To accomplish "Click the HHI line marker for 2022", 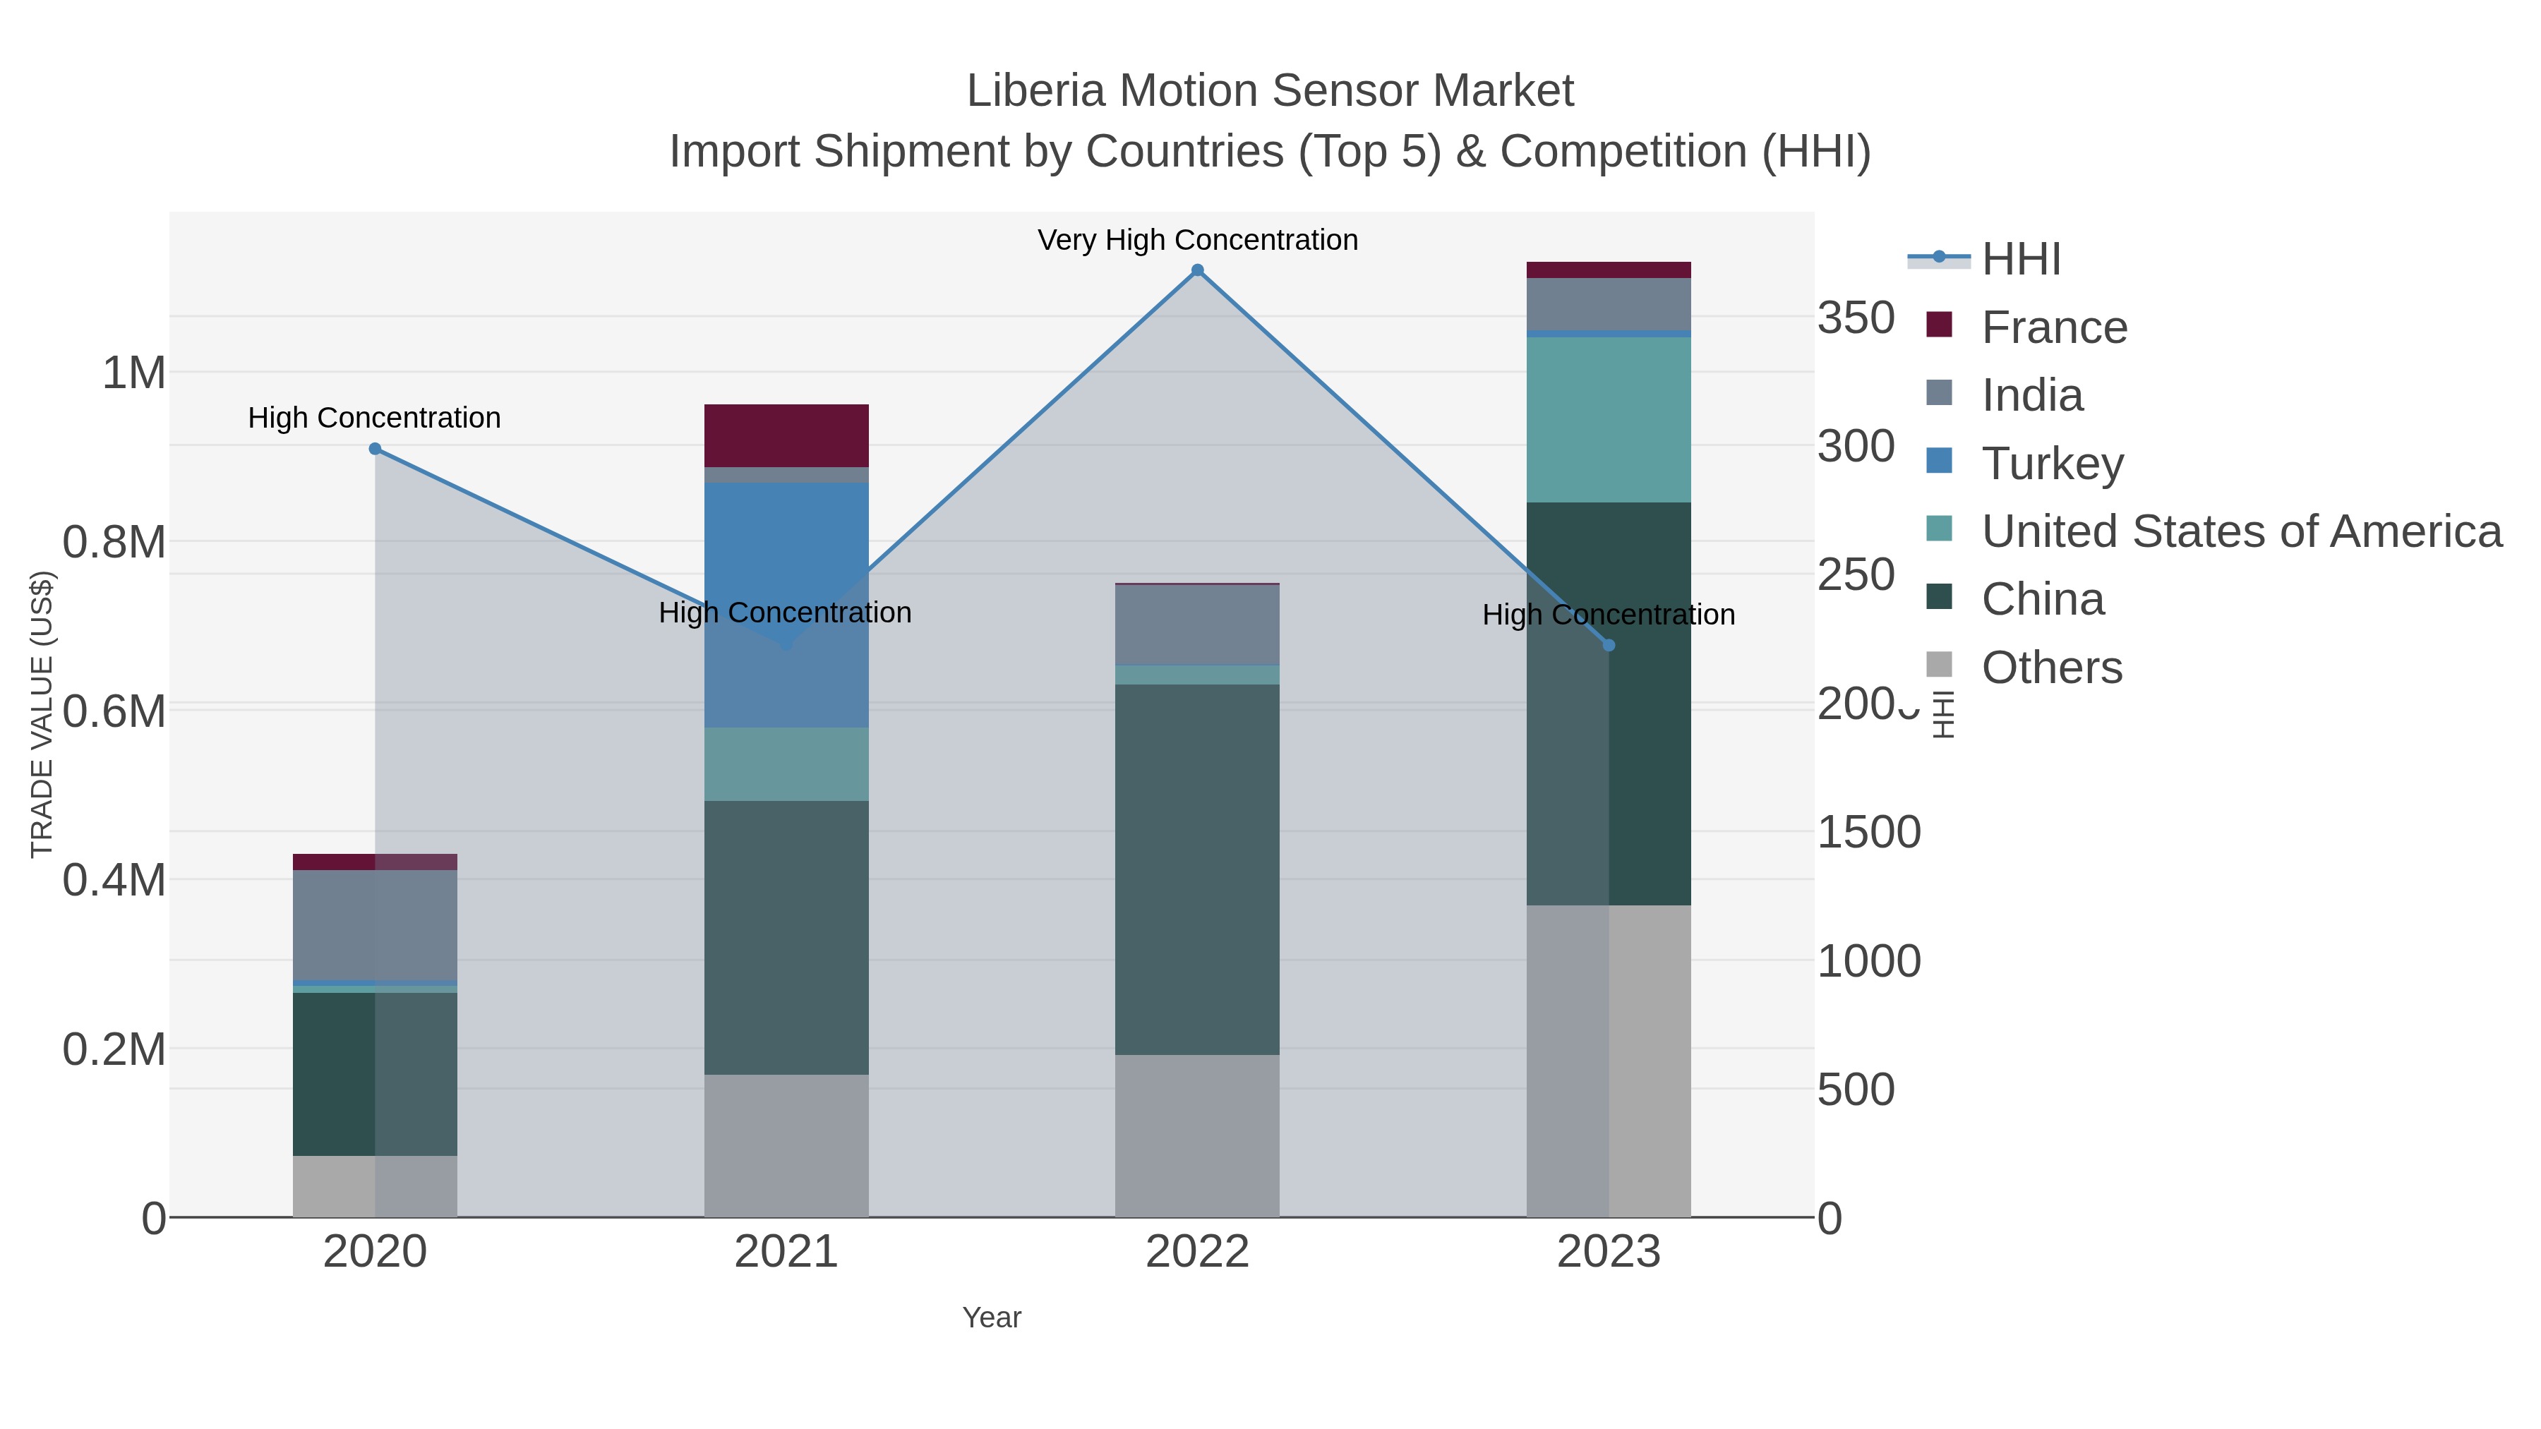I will (x=1198, y=270).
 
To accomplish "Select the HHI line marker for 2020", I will (x=375, y=449).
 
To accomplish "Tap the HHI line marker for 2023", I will (x=1609, y=645).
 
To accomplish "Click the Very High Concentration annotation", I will (x=1198, y=240).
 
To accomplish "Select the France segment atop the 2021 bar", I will (x=786, y=435).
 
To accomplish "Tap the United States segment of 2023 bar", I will (x=1609, y=419).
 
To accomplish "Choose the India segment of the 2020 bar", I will (x=375, y=925).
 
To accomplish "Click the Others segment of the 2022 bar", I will (x=1198, y=1135).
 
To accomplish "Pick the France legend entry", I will (x=2054, y=327).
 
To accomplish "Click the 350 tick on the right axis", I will (x=1856, y=318).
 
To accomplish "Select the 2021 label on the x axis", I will (x=786, y=1251).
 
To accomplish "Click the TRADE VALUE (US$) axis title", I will (x=42, y=713).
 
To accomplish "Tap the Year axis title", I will (x=992, y=1317).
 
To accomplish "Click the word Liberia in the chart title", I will (x=1035, y=91).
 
